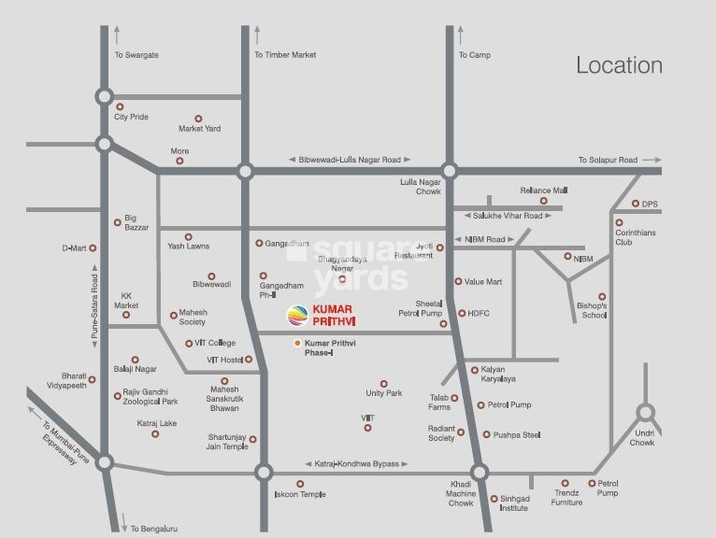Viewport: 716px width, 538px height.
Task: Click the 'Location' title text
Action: [619, 65]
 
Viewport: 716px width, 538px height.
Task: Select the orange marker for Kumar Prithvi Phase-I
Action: [298, 344]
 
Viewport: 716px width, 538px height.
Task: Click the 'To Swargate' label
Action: [136, 55]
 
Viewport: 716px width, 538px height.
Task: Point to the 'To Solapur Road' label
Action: [607, 160]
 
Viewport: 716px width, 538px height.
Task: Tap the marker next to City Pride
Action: [120, 106]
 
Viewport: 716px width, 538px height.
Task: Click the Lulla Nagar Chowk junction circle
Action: [450, 171]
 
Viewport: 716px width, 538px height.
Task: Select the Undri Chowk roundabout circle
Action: [645, 412]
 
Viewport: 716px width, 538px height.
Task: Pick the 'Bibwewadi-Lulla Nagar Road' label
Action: [350, 160]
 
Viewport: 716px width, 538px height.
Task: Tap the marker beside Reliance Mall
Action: [543, 201]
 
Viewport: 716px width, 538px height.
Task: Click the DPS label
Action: [651, 204]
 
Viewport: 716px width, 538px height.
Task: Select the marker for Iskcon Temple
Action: [300, 484]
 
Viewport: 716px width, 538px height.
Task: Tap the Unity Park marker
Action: [383, 383]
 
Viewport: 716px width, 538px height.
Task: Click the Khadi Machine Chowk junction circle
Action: [480, 473]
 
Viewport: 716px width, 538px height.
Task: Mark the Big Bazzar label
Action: [136, 222]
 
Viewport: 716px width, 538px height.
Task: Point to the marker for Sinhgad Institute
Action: [494, 499]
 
